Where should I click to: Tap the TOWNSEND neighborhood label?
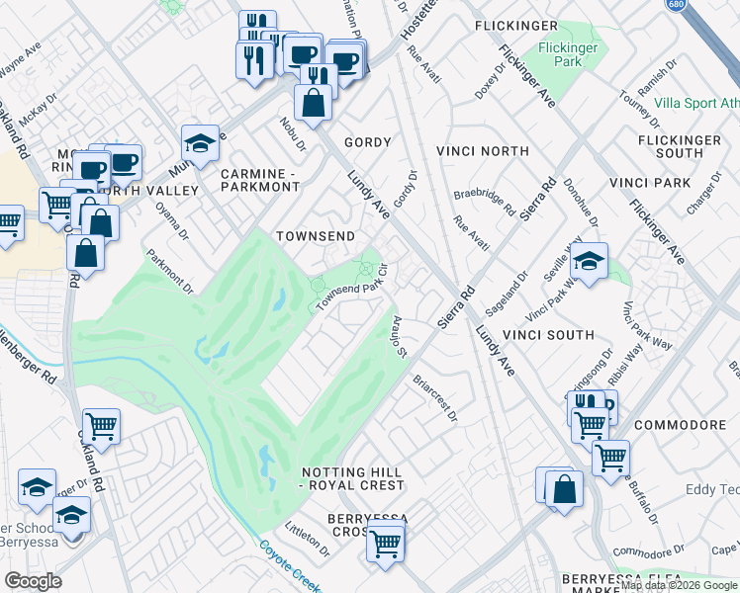(x=315, y=237)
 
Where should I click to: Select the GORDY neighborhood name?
(x=367, y=143)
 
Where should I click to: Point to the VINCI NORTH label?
(x=482, y=151)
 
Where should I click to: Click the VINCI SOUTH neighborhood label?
(x=547, y=335)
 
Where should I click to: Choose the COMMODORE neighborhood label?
(x=680, y=425)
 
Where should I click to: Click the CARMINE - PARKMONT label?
(x=259, y=180)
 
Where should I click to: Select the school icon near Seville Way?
(x=589, y=261)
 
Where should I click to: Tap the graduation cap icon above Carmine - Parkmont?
(x=200, y=142)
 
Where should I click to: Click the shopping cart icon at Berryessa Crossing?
(x=385, y=543)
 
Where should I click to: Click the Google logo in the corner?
(x=33, y=581)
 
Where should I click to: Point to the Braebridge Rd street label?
(x=484, y=204)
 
